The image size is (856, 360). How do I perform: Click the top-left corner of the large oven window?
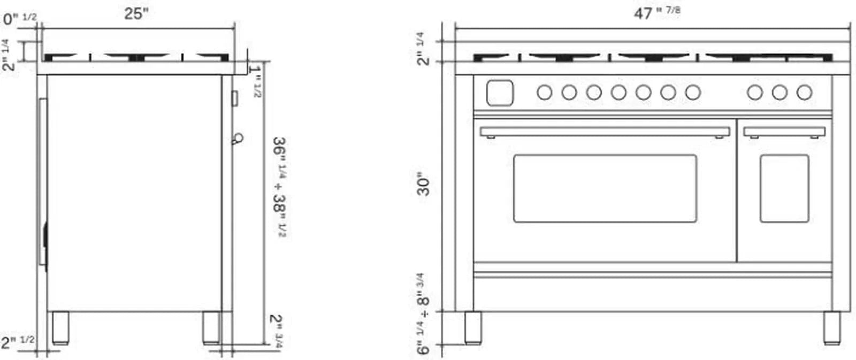tap(514, 155)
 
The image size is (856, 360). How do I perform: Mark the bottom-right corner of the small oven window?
tap(808, 222)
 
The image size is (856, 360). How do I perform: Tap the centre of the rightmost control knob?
tap(805, 93)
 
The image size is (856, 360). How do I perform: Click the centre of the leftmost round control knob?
tap(545, 93)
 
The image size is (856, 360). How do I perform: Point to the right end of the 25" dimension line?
tap(235, 28)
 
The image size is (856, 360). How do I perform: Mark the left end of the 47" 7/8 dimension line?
tap(455, 28)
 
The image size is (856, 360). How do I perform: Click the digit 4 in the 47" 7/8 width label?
tap(638, 14)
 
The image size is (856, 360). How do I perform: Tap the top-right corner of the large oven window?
tap(697, 155)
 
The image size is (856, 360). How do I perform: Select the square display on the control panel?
tap(500, 93)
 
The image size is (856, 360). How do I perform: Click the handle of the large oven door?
tap(605, 132)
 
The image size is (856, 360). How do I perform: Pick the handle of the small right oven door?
tap(784, 132)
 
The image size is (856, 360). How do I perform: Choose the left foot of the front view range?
tap(473, 328)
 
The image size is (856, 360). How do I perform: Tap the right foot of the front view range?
tap(832, 328)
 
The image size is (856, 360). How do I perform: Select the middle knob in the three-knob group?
tap(779, 93)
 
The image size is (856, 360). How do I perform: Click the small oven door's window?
tap(784, 188)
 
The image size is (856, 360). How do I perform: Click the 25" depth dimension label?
tap(136, 14)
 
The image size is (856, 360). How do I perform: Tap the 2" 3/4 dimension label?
tap(276, 331)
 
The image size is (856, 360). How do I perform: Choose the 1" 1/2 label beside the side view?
tap(255, 81)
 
